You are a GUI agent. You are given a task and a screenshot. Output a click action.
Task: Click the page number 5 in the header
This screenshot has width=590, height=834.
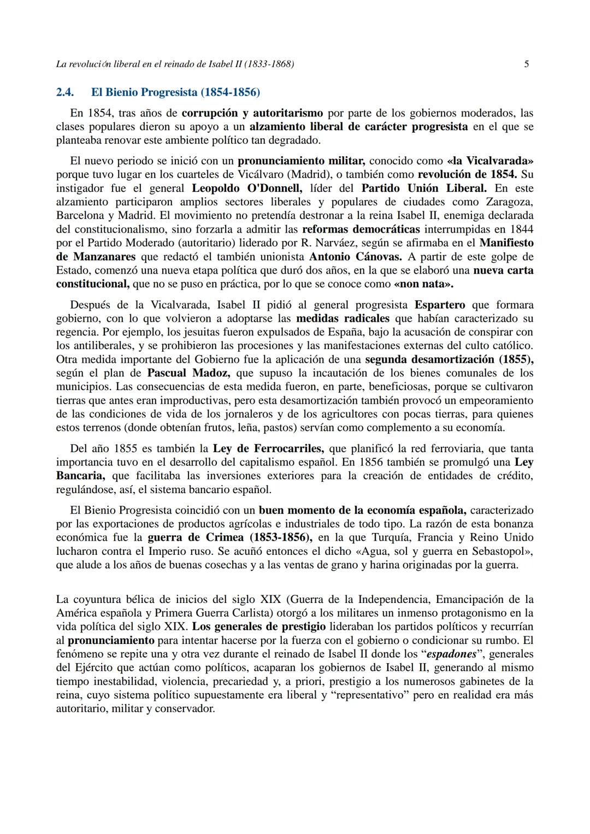pos(526,64)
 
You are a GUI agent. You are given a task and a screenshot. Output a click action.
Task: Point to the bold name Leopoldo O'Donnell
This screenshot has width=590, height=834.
pos(246,188)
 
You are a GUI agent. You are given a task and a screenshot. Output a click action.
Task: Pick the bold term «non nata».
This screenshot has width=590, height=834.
pos(423,284)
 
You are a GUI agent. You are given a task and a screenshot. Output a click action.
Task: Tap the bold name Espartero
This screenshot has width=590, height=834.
pos(440,305)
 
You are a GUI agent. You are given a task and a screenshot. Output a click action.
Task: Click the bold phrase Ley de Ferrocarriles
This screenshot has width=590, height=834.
pos(268,449)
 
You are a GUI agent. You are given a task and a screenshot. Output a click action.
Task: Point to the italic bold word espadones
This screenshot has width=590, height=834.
pos(451,654)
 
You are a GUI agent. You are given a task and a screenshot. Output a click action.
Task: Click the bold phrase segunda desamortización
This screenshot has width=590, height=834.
pos(430,359)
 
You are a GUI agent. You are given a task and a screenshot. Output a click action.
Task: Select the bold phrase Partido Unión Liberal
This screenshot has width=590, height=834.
pos(424,188)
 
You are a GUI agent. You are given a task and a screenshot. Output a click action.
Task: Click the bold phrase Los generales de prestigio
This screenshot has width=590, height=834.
pos(259,626)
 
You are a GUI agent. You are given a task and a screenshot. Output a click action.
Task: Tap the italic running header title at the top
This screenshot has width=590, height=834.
pos(175,64)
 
